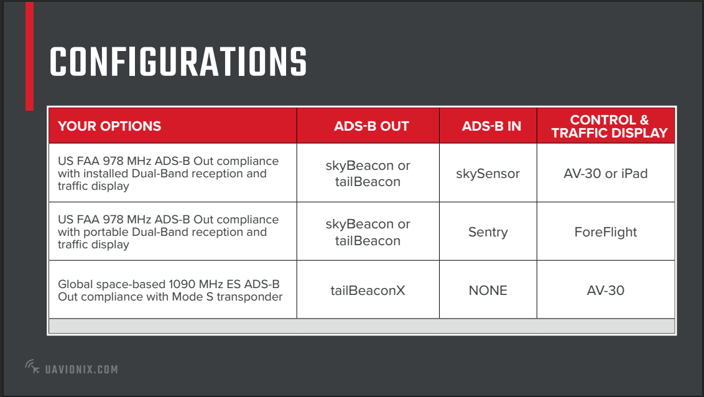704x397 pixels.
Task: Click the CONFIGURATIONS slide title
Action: pos(178,62)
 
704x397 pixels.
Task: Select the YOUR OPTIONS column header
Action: pos(109,126)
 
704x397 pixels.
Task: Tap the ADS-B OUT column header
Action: pos(371,126)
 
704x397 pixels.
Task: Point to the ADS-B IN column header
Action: pos(491,126)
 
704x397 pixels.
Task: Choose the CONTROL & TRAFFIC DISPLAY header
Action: pos(609,126)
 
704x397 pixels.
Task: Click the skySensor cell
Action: pos(488,174)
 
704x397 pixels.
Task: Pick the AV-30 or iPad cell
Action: pos(605,174)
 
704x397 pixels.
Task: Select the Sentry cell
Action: pos(488,231)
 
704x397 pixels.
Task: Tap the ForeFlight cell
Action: pos(605,231)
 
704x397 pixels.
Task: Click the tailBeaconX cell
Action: pos(368,290)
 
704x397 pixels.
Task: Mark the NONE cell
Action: pos(488,291)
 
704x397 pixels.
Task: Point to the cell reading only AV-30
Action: pos(605,291)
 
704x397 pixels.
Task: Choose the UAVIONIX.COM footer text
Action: pos(81,369)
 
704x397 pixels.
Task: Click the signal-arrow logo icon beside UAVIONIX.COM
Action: pos(32,367)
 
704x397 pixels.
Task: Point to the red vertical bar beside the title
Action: pos(30,56)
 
